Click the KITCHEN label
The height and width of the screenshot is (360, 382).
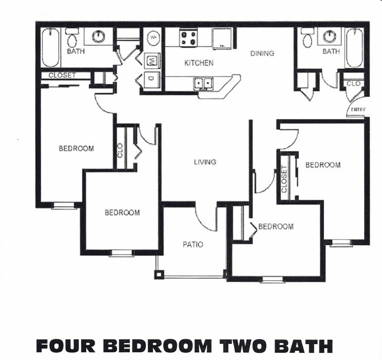[199, 63]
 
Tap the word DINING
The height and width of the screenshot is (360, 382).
[262, 53]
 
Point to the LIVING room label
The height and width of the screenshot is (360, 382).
[205, 162]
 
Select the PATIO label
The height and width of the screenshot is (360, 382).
[193, 244]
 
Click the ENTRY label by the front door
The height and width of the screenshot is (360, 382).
[358, 110]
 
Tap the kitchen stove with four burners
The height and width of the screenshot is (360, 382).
[189, 37]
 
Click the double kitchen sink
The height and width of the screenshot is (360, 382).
[204, 83]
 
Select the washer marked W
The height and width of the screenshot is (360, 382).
[152, 61]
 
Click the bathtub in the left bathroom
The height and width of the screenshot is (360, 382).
[50, 47]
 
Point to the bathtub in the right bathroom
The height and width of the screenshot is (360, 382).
[354, 47]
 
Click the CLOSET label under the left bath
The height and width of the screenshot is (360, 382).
[62, 75]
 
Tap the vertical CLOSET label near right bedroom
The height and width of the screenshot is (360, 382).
[284, 179]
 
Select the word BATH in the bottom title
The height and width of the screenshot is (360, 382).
[305, 346]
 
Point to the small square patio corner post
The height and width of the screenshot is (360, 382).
[159, 275]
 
